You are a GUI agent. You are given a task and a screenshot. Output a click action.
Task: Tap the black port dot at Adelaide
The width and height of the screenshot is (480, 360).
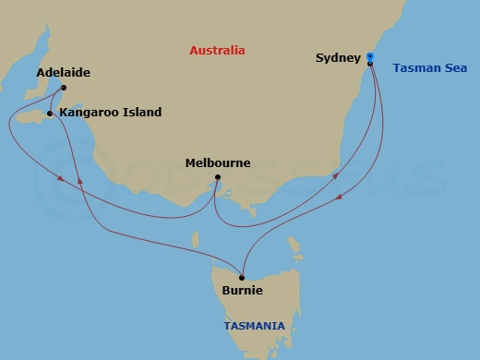tap(63, 89)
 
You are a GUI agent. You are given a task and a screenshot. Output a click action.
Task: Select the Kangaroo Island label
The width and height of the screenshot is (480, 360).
tap(110, 113)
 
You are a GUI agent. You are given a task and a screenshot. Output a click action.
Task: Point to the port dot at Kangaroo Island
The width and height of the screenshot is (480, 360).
tap(50, 114)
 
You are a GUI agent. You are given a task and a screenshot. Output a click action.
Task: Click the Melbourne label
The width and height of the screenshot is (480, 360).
tap(218, 162)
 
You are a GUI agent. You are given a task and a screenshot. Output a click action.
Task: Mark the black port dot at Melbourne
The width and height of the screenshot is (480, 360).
tap(217, 177)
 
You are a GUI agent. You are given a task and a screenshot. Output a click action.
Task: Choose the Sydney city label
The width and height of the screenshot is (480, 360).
tap(337, 57)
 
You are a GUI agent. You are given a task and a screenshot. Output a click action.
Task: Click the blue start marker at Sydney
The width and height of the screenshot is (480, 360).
tap(369, 57)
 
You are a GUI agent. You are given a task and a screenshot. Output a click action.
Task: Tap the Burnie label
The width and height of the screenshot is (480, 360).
tap(243, 290)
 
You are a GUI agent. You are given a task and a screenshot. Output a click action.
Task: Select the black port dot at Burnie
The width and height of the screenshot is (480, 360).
tap(242, 277)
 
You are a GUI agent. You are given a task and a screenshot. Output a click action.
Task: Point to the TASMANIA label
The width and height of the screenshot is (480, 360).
tap(255, 325)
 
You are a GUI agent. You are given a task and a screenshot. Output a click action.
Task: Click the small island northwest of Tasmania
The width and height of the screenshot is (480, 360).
tap(195, 240)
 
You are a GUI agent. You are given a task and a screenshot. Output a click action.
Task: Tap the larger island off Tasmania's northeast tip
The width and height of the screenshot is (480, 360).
tap(294, 246)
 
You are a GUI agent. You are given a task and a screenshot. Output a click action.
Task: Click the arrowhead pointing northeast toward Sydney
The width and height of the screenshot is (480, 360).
tap(335, 175)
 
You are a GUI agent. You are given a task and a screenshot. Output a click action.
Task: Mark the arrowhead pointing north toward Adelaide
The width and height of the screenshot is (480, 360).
tap(81, 182)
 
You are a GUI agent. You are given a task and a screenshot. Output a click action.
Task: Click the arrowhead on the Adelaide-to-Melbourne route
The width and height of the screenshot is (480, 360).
tap(61, 178)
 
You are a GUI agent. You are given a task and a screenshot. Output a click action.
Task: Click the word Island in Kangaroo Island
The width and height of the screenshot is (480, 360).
tap(141, 113)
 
